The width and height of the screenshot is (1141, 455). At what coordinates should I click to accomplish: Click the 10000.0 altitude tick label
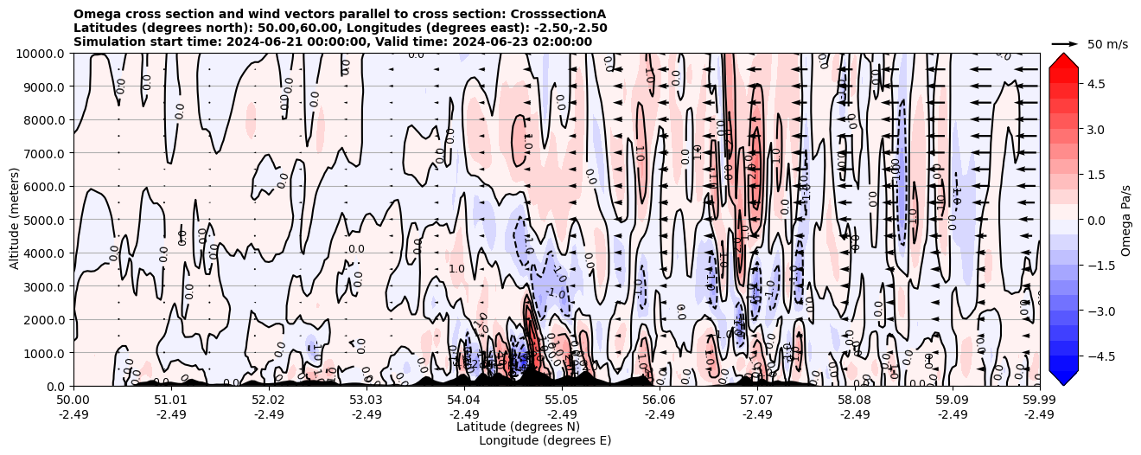43,54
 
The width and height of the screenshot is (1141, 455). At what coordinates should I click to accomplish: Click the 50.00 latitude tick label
73,401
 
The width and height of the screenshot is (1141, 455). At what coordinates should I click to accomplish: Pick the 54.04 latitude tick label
464,401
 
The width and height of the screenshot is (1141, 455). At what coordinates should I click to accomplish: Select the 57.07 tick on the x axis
757,401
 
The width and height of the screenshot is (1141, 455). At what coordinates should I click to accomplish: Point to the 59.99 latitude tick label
1039,401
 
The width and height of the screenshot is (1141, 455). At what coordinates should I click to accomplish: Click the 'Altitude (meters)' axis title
15,220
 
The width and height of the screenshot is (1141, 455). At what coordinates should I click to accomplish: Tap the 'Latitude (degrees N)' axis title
518,426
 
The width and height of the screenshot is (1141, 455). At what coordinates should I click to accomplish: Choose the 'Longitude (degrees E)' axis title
545,440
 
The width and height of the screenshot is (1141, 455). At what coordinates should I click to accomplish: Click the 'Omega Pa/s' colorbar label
1125,220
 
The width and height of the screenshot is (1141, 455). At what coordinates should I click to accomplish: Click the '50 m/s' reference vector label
1107,44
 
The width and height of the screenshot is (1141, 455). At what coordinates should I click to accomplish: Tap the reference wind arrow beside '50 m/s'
1064,43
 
